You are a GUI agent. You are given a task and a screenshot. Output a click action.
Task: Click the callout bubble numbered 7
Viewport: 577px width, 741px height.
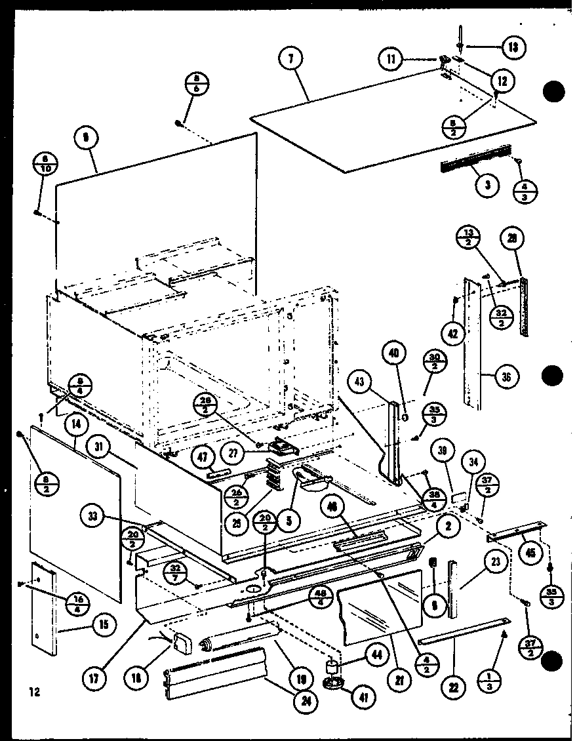point(290,59)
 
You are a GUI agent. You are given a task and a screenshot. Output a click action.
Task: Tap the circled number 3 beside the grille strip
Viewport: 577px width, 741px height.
point(487,184)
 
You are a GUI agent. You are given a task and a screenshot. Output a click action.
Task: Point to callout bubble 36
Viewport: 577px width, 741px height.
point(507,376)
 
